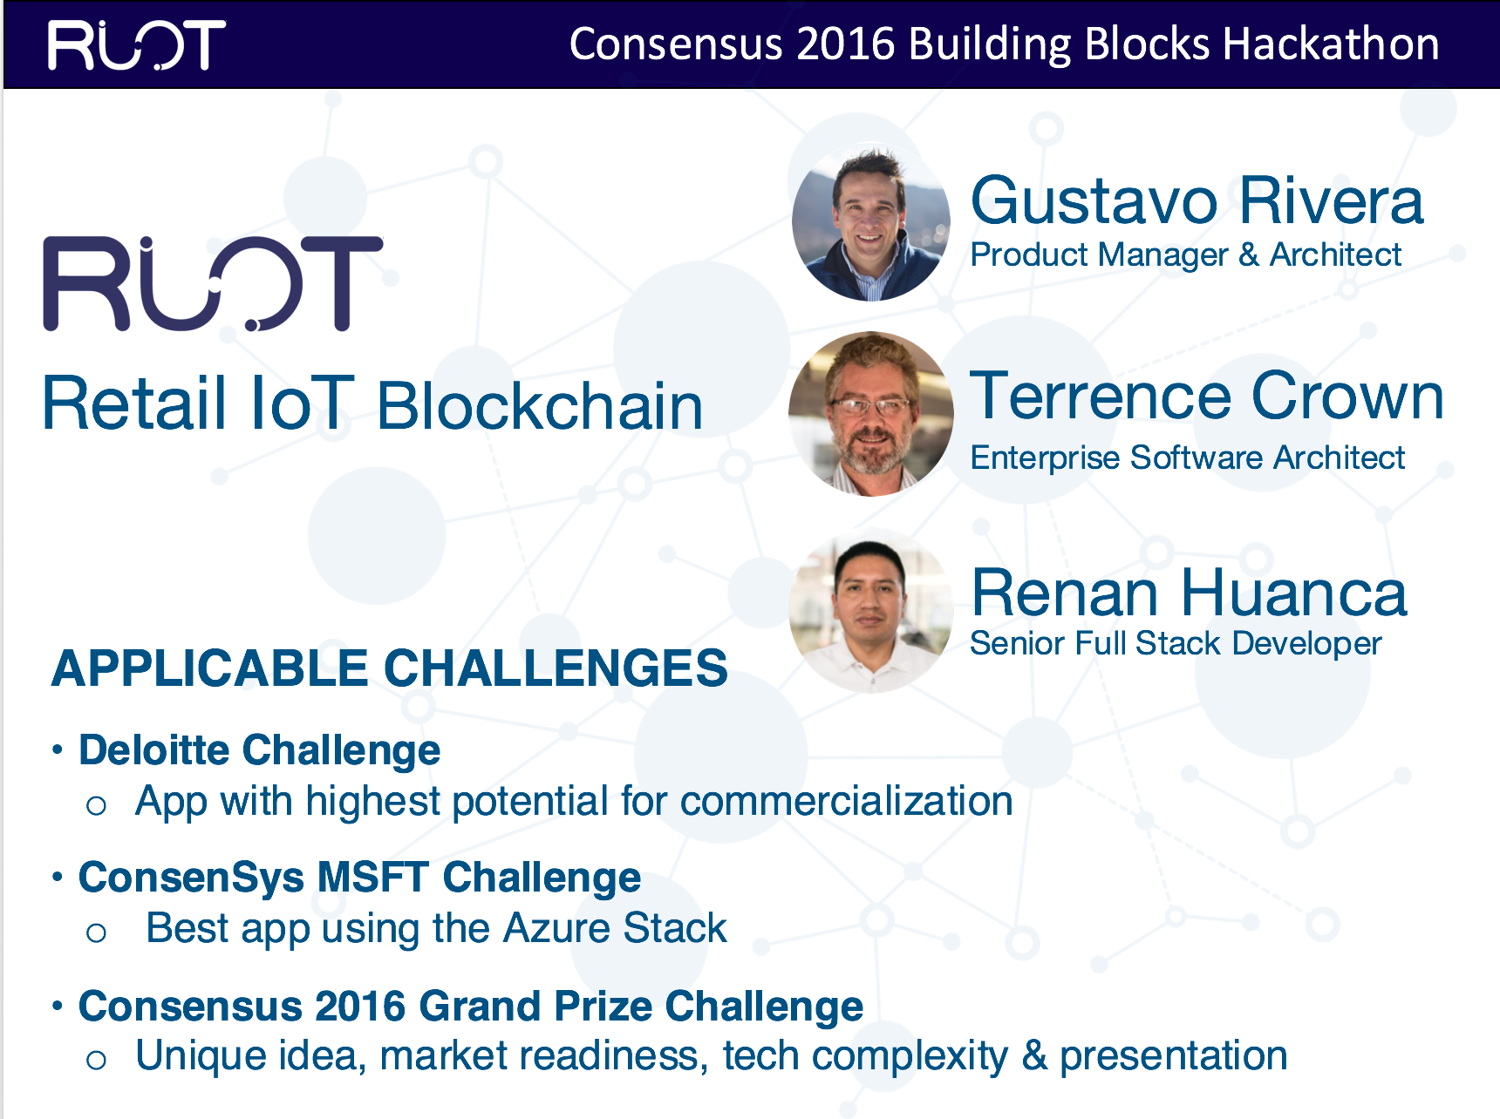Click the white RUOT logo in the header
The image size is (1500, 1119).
(x=137, y=45)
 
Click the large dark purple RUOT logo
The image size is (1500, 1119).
(x=213, y=284)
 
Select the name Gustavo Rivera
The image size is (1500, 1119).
(x=1197, y=201)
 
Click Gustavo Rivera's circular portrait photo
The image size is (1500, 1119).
(x=870, y=223)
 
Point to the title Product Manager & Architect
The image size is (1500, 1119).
(x=1185, y=254)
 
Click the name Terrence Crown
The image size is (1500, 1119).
(x=1206, y=397)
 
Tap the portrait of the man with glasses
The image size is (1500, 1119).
(x=870, y=415)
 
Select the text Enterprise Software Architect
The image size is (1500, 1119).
(x=1187, y=458)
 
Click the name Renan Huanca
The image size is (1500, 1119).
(x=1189, y=593)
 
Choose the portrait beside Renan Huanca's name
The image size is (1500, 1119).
(x=870, y=614)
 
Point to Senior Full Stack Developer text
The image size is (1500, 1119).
(x=1176, y=643)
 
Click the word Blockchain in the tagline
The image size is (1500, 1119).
(x=540, y=406)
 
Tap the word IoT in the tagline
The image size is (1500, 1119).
(x=302, y=404)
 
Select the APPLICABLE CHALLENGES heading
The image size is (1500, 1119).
(x=389, y=668)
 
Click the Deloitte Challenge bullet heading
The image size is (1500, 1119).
(x=259, y=750)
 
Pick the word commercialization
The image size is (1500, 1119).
(x=846, y=801)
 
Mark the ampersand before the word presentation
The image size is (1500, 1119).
(x=1034, y=1056)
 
